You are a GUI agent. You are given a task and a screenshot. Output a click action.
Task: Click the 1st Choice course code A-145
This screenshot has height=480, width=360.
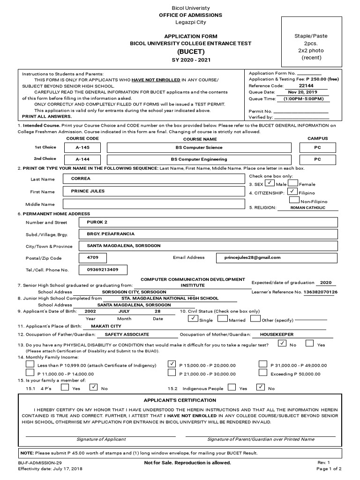82,147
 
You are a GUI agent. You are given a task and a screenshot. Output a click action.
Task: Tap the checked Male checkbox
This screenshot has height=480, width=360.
270,183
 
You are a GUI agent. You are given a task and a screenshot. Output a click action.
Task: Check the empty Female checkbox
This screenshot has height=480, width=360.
292,183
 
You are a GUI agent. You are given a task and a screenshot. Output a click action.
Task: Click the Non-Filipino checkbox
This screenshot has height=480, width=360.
294,200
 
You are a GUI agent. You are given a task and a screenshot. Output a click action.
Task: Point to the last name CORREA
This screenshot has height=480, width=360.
81,179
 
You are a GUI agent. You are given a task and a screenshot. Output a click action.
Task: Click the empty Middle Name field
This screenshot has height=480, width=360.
153,204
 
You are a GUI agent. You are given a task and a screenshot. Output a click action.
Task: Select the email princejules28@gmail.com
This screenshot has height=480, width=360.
253,257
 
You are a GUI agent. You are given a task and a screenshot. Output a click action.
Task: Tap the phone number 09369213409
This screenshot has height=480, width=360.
103,270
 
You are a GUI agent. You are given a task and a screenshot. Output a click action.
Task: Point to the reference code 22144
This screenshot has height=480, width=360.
306,86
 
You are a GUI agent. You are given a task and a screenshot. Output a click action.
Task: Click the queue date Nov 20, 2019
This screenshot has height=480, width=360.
302,92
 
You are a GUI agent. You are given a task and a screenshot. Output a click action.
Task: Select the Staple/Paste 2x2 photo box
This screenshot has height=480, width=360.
311,46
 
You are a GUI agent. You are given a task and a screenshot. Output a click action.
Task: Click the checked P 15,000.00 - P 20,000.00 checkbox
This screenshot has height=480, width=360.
172,364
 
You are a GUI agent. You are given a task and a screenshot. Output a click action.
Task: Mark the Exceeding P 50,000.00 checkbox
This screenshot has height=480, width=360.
263,373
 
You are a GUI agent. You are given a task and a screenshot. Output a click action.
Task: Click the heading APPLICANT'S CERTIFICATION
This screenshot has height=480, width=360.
180,400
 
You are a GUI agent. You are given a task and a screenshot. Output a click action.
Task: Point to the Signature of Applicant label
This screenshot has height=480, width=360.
101,439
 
